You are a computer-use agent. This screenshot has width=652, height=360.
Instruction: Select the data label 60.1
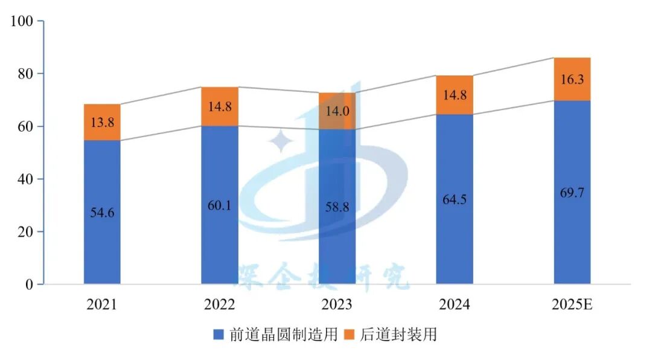220,204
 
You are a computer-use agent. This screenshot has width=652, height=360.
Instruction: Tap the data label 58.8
337,206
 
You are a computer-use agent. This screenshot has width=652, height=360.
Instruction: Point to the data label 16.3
572,79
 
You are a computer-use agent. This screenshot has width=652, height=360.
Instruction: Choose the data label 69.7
572,193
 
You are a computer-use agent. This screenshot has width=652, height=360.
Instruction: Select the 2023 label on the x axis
337,304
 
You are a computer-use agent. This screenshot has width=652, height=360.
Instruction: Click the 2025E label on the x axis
572,304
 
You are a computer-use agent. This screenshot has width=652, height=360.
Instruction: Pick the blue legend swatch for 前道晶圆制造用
219,334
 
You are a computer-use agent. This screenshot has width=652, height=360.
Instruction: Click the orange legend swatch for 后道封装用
350,334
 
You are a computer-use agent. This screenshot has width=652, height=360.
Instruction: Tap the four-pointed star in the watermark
281,143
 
